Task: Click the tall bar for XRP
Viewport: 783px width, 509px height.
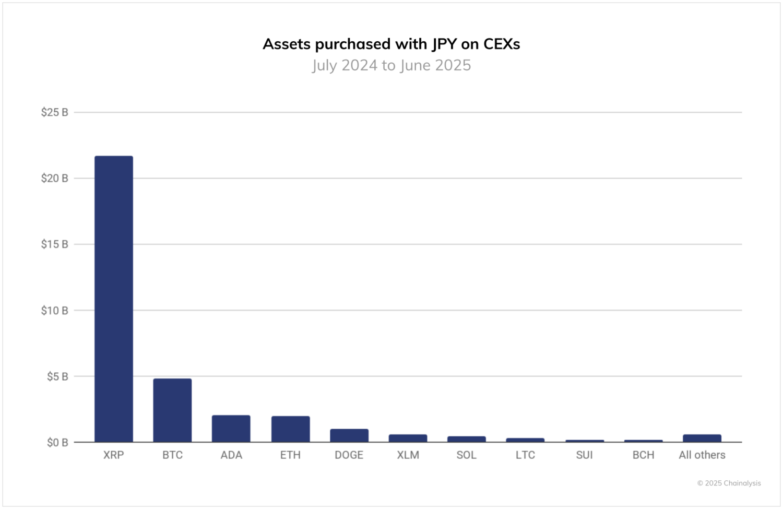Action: point(114,299)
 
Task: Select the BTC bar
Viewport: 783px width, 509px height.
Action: point(172,410)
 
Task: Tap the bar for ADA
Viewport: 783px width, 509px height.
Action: point(231,429)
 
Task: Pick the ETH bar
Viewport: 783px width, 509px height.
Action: point(290,429)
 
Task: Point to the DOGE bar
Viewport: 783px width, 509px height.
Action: point(349,435)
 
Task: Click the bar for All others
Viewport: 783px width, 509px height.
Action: point(702,439)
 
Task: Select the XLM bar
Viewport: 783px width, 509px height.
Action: point(408,439)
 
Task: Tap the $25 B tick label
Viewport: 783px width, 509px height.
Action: point(55,112)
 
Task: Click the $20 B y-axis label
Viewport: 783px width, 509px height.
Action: point(55,179)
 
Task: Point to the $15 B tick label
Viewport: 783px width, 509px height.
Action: point(55,244)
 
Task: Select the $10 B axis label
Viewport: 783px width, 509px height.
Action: point(55,311)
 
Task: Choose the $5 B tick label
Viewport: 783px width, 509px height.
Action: point(57,376)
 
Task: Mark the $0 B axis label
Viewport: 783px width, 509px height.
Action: point(57,443)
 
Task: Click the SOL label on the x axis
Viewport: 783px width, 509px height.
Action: point(467,455)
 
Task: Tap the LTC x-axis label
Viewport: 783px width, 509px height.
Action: point(525,455)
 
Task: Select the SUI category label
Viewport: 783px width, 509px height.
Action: point(584,455)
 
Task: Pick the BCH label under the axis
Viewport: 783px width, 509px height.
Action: point(643,455)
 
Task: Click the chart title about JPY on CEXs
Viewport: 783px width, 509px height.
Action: point(391,44)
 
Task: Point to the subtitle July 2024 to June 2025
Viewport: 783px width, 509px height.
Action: point(391,65)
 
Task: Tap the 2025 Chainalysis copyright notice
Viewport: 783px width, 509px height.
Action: point(729,483)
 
